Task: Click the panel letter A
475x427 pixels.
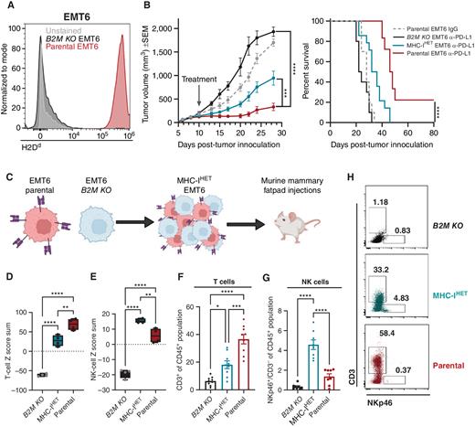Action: click(x=5, y=5)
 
